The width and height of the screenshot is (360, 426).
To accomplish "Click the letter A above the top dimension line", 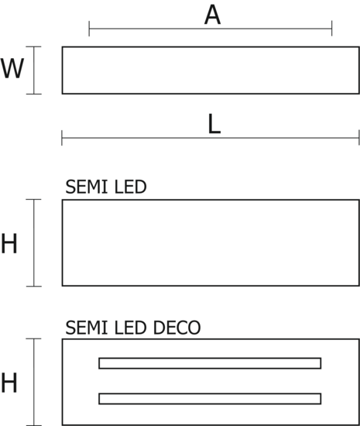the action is click(212, 15).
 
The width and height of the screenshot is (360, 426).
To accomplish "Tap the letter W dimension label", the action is click(12, 68).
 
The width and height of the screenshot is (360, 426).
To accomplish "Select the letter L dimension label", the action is click(214, 124).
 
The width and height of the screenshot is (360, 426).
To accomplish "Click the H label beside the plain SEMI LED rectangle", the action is click(9, 243).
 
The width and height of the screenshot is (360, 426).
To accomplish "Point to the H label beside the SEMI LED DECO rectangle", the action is click(9, 383).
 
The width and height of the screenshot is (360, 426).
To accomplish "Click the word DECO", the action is click(177, 328).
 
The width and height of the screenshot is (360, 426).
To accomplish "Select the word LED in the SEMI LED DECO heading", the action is click(131, 328).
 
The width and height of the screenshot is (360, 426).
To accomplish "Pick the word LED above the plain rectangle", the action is click(131, 187).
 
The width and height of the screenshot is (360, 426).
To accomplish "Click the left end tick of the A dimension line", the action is click(89, 29).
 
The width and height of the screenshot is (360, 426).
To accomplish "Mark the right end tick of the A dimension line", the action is click(332, 29).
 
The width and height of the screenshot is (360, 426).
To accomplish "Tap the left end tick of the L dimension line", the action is click(62, 138).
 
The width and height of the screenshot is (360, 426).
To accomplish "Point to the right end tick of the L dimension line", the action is click(359, 138).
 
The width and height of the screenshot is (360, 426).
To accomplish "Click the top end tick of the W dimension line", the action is click(33, 46).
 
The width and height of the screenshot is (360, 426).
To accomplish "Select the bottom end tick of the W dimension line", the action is click(33, 94).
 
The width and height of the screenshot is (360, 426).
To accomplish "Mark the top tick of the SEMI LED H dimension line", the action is click(33, 199).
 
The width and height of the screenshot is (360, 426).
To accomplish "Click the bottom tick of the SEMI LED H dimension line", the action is click(33, 286).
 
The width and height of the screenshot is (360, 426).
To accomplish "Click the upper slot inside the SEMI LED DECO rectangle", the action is click(210, 359).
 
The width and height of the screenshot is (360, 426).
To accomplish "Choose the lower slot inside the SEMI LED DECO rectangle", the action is click(210, 393).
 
